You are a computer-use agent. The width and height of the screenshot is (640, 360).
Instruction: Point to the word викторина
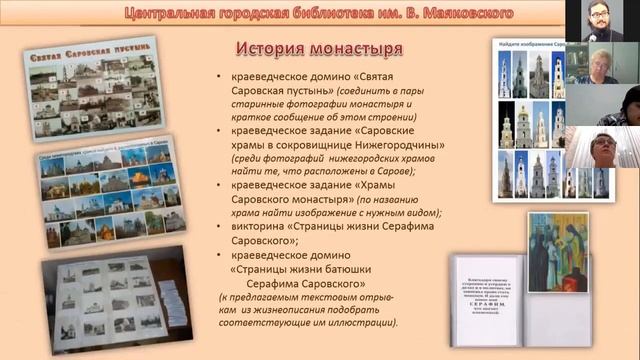[263, 226]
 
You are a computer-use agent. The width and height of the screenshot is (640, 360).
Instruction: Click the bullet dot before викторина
[221, 226]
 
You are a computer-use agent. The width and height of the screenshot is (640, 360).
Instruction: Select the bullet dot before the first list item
[221, 76]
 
